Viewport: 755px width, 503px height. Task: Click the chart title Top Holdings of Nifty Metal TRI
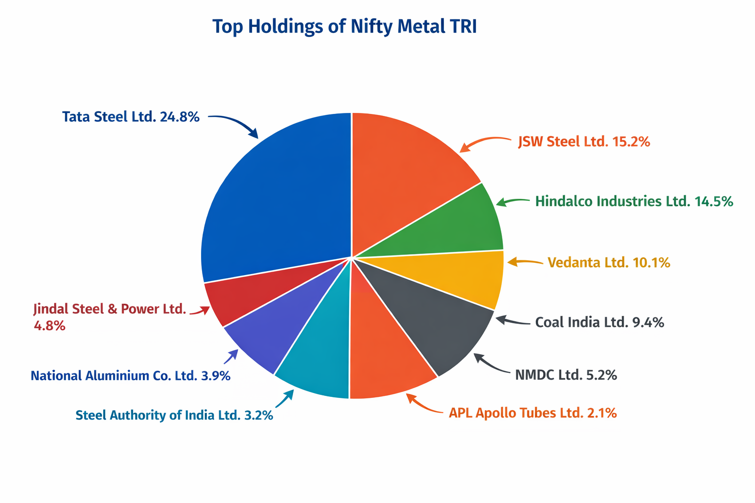344,27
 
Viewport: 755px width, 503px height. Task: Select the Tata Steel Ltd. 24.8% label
131,117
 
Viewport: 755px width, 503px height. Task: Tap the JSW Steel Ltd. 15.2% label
584,142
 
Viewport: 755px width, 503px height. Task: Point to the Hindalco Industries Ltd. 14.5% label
634,201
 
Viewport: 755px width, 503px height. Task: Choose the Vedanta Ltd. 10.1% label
609,263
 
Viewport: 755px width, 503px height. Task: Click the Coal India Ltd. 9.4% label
599,322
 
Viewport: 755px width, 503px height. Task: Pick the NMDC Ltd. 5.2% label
566,375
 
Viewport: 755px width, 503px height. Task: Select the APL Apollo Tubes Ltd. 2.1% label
532,413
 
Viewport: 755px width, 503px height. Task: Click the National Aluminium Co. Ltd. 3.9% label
130,376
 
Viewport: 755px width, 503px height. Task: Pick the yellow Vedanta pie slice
467,278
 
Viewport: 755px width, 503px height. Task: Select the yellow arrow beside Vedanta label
524,262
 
